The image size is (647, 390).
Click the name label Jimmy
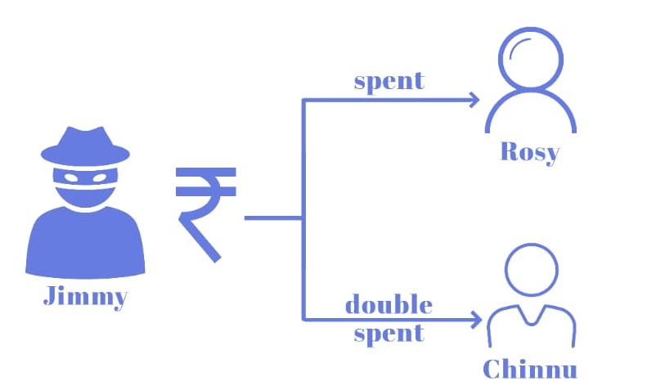(x=84, y=296)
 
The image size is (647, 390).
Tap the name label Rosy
(x=530, y=152)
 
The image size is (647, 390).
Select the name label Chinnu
(x=530, y=368)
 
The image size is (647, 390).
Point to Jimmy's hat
(x=85, y=144)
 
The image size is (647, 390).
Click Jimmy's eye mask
(x=85, y=175)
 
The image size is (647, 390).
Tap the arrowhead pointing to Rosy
(x=474, y=101)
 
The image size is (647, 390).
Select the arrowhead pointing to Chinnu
(x=474, y=319)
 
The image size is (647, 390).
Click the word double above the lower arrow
(x=389, y=305)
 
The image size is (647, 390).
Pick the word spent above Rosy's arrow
(x=389, y=81)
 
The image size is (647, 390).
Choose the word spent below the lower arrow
(x=389, y=333)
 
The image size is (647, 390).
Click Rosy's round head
(x=530, y=62)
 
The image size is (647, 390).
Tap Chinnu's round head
(x=529, y=271)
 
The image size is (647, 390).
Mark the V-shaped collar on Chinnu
(x=529, y=315)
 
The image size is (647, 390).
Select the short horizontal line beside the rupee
(x=273, y=218)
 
